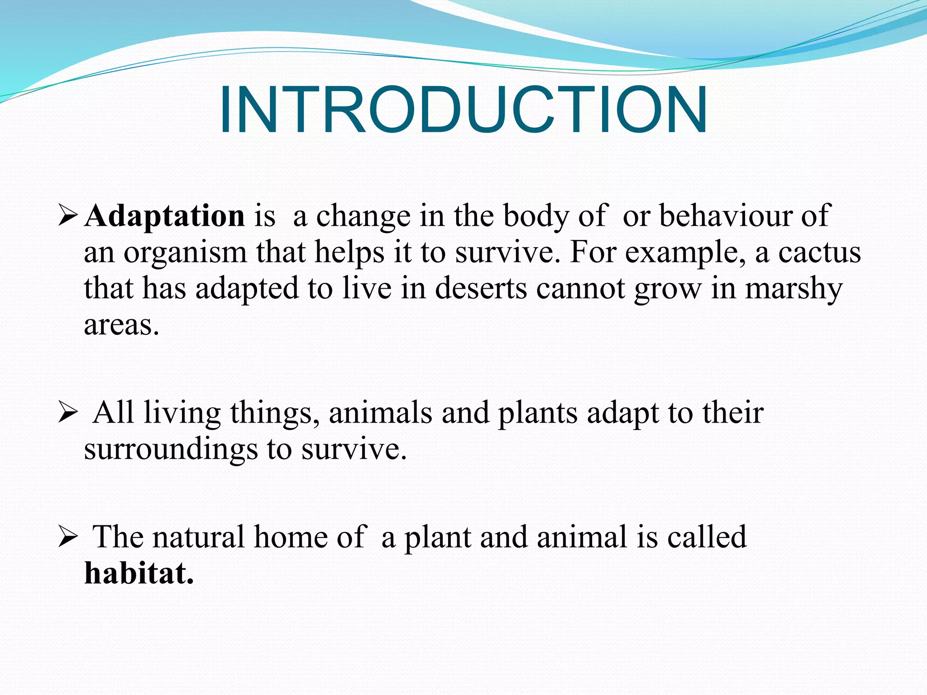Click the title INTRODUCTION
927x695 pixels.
coord(463,110)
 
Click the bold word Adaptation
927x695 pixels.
coord(165,216)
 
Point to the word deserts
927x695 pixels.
coord(481,289)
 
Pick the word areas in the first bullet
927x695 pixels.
coord(121,325)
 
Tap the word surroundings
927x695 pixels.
coord(171,449)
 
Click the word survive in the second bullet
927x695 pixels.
coord(354,449)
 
